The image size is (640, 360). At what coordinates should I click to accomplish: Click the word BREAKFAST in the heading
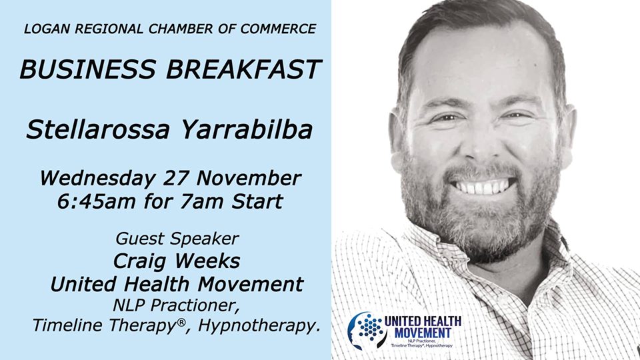244,69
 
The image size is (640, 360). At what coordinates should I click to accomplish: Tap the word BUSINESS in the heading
88,69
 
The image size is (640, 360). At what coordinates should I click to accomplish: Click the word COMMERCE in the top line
278,29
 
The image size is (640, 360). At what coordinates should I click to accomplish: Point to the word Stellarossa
98,129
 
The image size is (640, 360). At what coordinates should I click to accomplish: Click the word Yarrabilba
247,129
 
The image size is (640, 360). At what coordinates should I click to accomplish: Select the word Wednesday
97,179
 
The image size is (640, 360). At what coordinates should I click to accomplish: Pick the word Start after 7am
257,201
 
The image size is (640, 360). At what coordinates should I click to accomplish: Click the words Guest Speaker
177,239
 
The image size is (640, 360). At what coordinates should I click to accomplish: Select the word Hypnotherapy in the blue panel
255,325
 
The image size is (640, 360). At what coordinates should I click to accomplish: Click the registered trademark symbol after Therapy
181,321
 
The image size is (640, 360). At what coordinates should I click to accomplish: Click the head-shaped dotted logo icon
367,330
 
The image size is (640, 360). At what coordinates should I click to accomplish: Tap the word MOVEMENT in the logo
423,333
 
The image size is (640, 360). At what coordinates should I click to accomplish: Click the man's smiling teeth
483,187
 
